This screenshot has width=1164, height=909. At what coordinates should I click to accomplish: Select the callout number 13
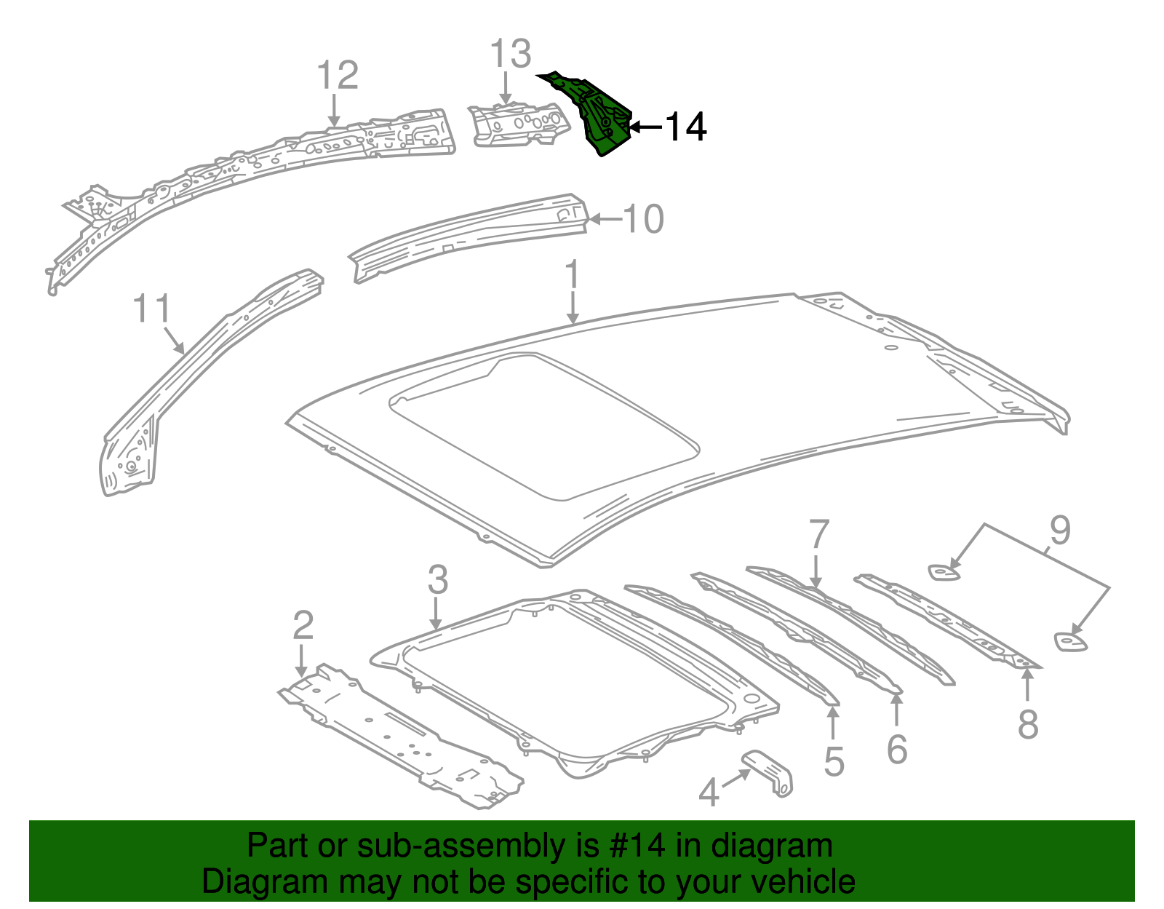pyautogui.click(x=510, y=55)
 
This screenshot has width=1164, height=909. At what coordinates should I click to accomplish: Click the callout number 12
pyautogui.click(x=338, y=75)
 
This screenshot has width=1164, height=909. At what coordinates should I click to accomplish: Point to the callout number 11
pyautogui.click(x=151, y=309)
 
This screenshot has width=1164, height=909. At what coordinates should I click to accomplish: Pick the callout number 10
pyautogui.click(x=643, y=219)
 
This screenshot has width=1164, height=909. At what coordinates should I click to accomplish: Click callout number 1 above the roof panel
pyautogui.click(x=573, y=275)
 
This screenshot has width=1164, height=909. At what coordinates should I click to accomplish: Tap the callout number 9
pyautogui.click(x=1060, y=531)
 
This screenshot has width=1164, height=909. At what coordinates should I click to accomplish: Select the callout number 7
pyautogui.click(x=818, y=535)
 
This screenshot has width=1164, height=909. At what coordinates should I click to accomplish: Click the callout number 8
pyautogui.click(x=1027, y=724)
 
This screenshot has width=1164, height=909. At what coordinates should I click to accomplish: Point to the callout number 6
pyautogui.click(x=897, y=749)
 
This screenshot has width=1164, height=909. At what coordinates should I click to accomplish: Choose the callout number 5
pyautogui.click(x=834, y=762)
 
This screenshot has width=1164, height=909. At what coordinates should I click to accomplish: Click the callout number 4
pyautogui.click(x=709, y=792)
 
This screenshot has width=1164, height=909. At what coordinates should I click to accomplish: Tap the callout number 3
pyautogui.click(x=437, y=580)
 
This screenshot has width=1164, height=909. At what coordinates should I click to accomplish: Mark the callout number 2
pyautogui.click(x=303, y=625)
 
